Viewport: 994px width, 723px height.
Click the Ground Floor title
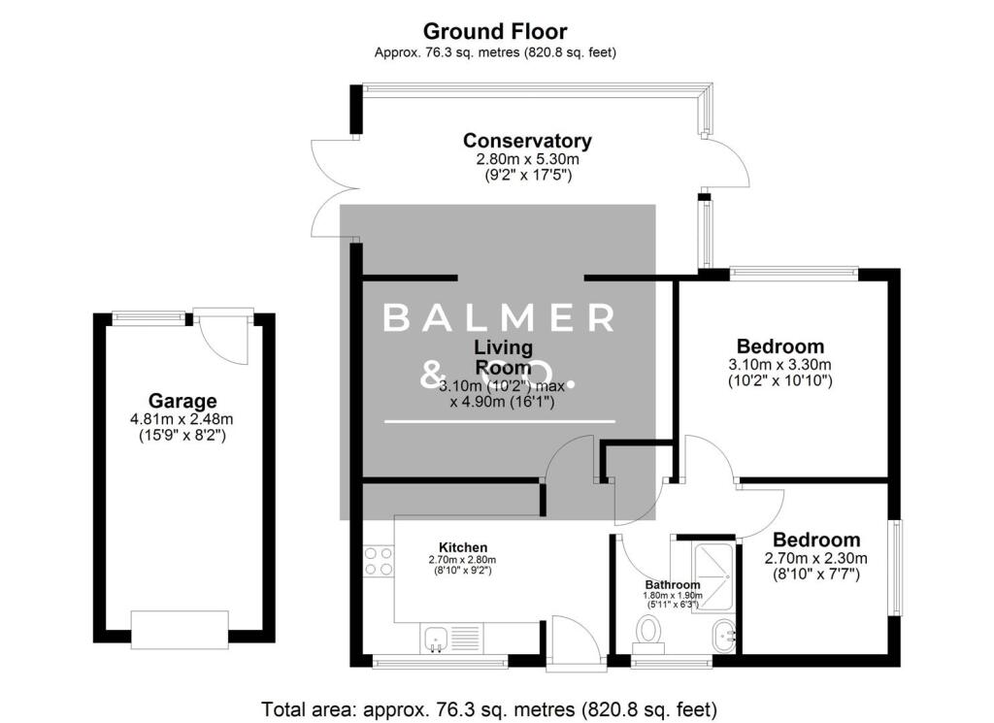click(495, 32)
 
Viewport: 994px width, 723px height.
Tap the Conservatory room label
click(527, 141)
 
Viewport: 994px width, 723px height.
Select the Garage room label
click(182, 401)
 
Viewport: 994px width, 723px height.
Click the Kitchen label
click(462, 547)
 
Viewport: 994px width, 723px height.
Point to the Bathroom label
click(673, 585)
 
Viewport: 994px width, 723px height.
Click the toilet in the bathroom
click(647, 633)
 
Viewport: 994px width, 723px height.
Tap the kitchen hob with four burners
click(378, 562)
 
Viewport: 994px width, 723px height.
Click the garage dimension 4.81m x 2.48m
click(182, 419)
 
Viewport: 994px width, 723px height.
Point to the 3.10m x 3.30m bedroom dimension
click(780, 365)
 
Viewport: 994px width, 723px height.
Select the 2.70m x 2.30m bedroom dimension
click(815, 558)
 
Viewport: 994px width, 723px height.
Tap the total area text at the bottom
click(489, 709)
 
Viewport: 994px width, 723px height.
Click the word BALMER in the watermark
click(499, 317)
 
